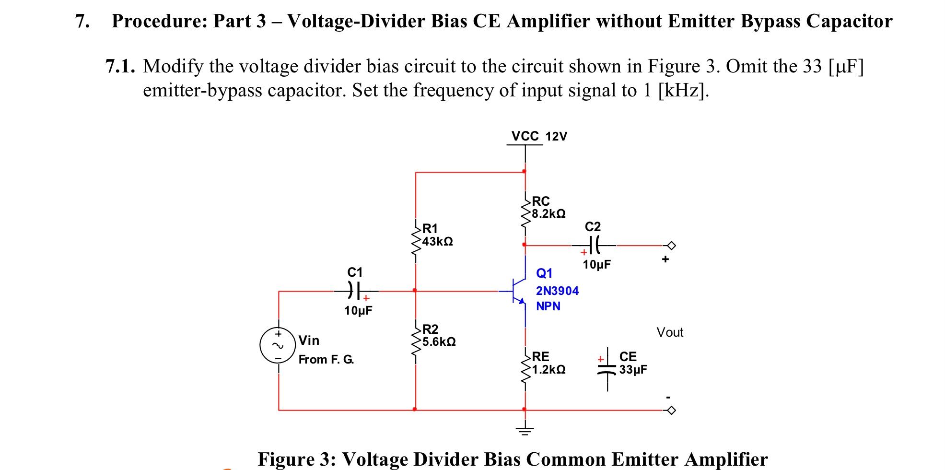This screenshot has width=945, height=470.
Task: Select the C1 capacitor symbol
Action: (355, 290)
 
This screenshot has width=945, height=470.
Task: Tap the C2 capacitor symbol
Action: (594, 245)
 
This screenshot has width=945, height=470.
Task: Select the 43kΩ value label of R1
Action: (437, 241)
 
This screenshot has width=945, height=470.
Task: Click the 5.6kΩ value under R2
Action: (439, 342)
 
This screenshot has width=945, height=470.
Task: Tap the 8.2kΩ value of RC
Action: (548, 214)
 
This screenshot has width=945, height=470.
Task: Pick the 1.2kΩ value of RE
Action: (548, 370)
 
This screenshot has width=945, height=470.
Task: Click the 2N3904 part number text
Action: (557, 291)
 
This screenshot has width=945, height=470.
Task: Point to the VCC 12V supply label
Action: (539, 136)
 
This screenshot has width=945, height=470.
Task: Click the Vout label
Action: (670, 332)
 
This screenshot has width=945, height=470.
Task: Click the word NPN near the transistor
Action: (548, 306)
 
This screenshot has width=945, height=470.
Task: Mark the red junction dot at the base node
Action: (415, 290)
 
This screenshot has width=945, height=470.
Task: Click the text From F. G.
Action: (326, 359)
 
